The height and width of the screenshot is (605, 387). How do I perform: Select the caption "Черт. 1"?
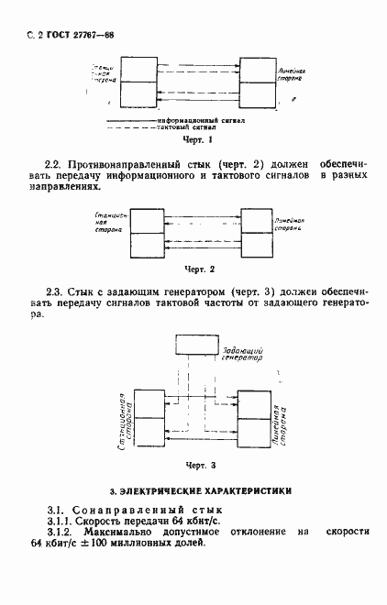click(198, 139)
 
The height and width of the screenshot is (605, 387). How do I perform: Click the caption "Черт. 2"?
click(199, 269)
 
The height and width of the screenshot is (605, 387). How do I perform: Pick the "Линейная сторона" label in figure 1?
click(292, 73)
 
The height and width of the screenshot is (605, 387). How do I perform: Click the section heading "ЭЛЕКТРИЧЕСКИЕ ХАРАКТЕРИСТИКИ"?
click(204, 491)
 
